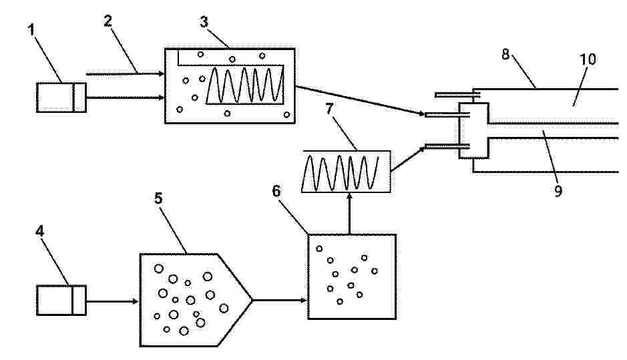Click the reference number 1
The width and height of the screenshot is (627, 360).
pyautogui.click(x=32, y=29)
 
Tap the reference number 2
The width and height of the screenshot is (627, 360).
pyautogui.click(x=108, y=21)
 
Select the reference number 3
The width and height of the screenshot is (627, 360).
pyautogui.click(x=204, y=22)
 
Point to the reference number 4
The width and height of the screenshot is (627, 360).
pyautogui.click(x=39, y=231)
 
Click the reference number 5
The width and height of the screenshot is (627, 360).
pyautogui.click(x=158, y=198)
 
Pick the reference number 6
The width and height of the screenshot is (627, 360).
pyautogui.click(x=276, y=191)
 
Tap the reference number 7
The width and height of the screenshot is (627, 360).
pyautogui.click(x=329, y=108)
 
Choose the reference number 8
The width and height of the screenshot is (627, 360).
pyautogui.click(x=505, y=54)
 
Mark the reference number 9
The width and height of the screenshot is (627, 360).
pyautogui.click(x=558, y=191)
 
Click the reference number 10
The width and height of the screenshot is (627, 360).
pyautogui.click(x=588, y=59)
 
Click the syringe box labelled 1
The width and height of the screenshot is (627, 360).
pyautogui.click(x=61, y=98)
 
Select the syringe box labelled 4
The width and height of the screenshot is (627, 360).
pyautogui.click(x=61, y=300)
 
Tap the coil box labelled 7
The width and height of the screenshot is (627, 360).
pyautogui.click(x=346, y=172)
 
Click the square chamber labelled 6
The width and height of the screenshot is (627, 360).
pyautogui.click(x=352, y=277)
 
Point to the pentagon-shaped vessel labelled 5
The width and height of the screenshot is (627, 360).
pyautogui.click(x=196, y=300)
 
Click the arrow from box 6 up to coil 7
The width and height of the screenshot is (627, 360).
pyautogui.click(x=350, y=214)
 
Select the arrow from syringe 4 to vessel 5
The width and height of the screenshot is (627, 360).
pyautogui.click(x=112, y=301)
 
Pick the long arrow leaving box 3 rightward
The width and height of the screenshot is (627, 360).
pyautogui.click(x=360, y=100)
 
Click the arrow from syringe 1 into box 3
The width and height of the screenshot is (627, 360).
pyautogui.click(x=126, y=98)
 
